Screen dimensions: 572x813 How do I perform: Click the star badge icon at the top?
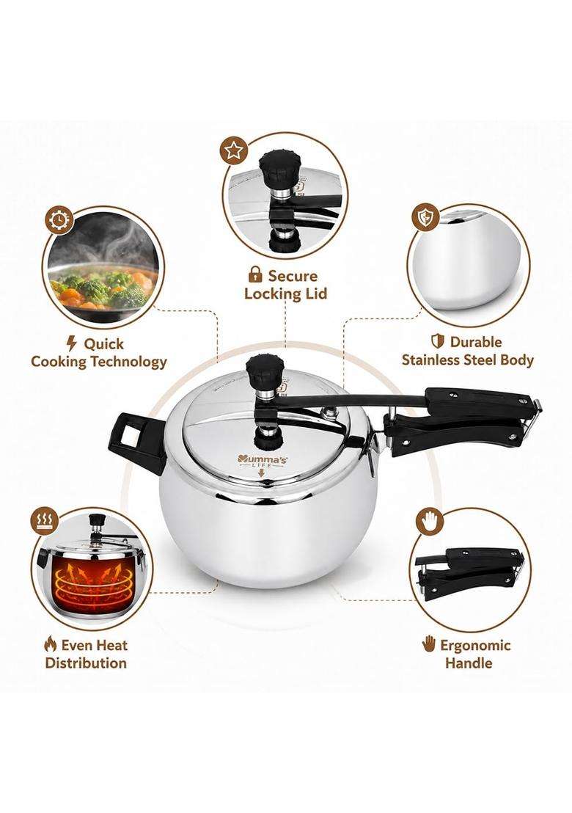[x=234, y=151]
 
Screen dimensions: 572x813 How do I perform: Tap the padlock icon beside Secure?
[x=254, y=274]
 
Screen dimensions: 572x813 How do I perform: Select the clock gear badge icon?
[x=59, y=221]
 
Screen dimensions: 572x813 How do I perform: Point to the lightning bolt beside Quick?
[x=72, y=343]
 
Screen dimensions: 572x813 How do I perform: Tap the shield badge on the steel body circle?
[x=425, y=218]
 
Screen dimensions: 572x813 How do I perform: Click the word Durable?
[x=476, y=342]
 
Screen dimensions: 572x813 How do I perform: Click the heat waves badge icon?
[x=45, y=520]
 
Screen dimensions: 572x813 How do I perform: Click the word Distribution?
[x=86, y=663]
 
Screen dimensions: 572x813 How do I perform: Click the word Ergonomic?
[x=475, y=646]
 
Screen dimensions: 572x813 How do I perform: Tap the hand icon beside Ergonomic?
[x=428, y=644]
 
